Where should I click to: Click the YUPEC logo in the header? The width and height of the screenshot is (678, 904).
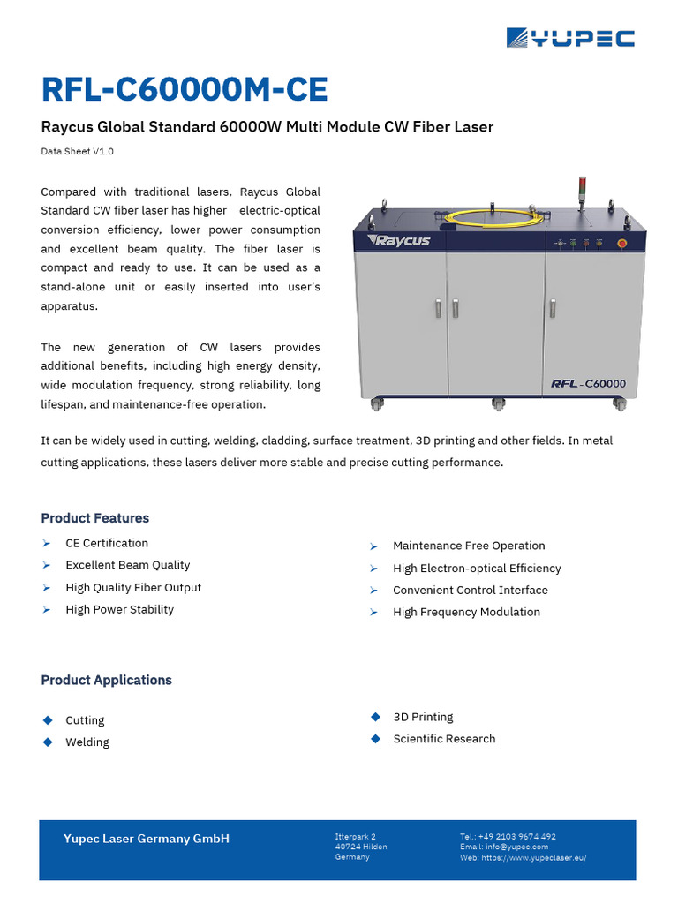point(570,38)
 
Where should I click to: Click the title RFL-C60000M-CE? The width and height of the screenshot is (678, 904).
point(185,89)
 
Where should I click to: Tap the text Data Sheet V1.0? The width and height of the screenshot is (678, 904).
point(77,151)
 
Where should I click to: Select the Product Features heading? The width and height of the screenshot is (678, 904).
point(94,518)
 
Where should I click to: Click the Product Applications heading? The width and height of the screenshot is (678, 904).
point(106,680)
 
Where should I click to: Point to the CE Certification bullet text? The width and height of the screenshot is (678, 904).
point(107,543)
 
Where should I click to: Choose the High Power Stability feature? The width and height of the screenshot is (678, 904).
point(119,609)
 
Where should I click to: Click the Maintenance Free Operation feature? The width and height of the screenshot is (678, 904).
point(469,546)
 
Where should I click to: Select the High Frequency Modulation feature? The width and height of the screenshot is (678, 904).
point(466,612)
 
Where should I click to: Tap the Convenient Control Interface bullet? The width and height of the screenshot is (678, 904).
point(470,590)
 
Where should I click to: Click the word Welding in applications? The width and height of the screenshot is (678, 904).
point(87,742)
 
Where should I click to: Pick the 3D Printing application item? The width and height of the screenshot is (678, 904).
point(423,717)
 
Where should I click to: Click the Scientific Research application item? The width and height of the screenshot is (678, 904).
point(444,739)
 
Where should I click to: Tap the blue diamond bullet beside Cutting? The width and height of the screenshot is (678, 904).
point(48,720)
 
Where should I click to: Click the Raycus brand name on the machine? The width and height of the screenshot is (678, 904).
point(399,240)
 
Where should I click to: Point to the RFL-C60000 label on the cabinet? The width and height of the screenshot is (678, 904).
point(588,384)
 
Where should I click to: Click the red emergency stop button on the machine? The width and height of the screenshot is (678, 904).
point(621,242)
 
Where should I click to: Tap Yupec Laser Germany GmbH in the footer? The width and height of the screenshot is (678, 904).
point(146,839)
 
